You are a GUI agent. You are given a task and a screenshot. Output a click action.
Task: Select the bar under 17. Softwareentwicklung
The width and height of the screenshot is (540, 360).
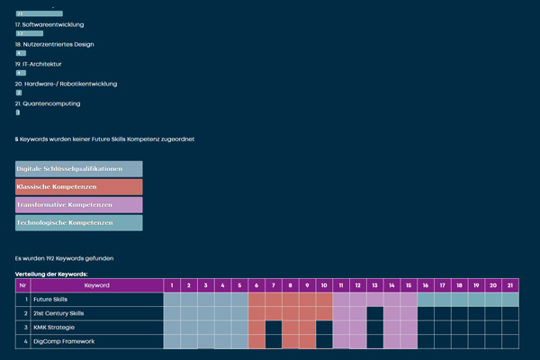tap(30, 33)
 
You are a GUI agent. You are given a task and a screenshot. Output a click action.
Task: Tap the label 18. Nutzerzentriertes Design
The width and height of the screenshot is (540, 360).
tap(55, 44)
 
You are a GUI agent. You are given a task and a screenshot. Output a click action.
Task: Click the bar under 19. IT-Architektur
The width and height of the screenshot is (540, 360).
tap(21, 73)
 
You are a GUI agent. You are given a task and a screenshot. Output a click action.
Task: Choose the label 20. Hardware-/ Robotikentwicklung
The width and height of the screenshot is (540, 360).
tap(66, 84)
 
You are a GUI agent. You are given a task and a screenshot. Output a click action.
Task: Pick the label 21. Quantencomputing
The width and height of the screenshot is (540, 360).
tap(48, 103)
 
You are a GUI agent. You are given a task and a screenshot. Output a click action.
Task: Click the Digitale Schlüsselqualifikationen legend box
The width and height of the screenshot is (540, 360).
tap(78, 169)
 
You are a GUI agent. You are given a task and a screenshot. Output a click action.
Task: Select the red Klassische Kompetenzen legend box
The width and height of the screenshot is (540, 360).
tap(78, 186)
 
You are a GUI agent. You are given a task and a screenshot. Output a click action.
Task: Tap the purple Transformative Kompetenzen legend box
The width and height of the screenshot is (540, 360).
tap(78, 204)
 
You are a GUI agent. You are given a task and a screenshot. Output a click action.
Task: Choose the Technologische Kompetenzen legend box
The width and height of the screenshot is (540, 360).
tap(78, 222)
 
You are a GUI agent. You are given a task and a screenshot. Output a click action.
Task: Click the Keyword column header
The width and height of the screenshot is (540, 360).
tap(96, 285)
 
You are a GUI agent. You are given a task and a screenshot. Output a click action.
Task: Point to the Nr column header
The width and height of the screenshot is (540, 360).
tap(22, 285)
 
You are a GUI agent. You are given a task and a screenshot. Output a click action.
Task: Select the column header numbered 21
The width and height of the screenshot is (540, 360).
tap(510, 285)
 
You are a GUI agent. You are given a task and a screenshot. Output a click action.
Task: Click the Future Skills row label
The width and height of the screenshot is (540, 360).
tap(49, 299)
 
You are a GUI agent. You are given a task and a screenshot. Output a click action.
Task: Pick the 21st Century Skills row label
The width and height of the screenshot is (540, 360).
tap(58, 313)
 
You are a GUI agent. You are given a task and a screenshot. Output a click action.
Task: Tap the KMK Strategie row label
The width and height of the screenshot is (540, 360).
tap(54, 328)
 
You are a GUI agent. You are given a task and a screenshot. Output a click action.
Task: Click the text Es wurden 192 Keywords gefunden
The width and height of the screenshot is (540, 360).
tap(64, 258)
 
